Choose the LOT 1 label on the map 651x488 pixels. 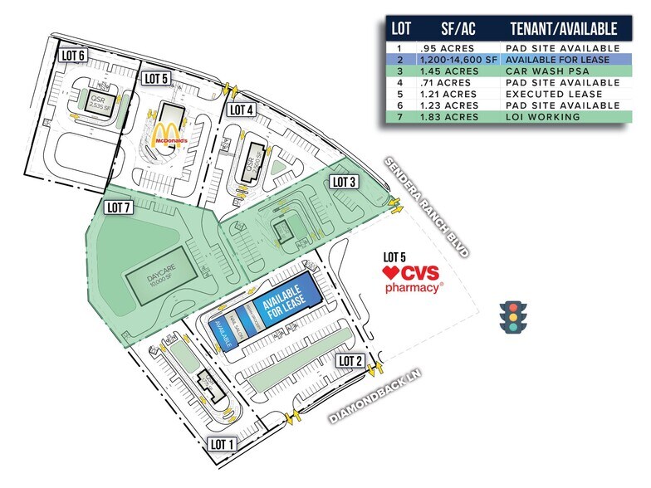pyautogui.click(x=223, y=444)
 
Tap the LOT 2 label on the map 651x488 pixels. pyautogui.click(x=350, y=360)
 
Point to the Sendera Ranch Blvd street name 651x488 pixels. pyautogui.click(x=424, y=207)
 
